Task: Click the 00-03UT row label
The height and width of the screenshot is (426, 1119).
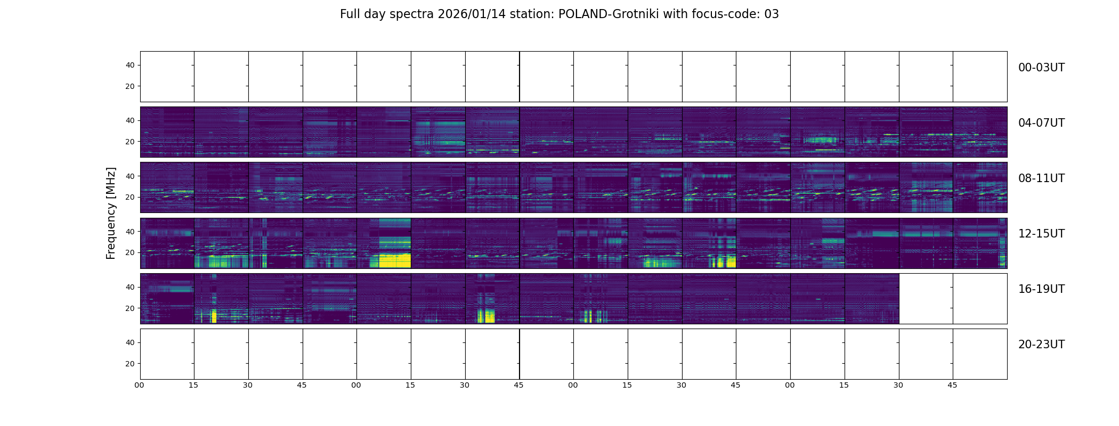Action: point(1041,68)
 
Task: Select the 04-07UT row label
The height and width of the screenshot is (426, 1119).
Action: point(1041,123)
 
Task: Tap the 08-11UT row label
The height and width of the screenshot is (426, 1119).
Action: point(1041,178)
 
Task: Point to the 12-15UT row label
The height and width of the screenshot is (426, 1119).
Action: point(1041,234)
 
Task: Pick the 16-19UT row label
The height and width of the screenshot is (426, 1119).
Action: point(1041,289)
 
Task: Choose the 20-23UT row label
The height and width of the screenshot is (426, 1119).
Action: point(1041,345)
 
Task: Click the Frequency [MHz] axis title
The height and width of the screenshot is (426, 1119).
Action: point(111,213)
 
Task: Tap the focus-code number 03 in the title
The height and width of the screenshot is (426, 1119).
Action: point(771,14)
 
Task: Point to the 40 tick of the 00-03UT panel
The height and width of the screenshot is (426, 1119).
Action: point(130,65)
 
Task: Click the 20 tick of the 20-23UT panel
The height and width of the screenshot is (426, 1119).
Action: point(130,364)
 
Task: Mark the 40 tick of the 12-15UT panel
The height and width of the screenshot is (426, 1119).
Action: point(130,232)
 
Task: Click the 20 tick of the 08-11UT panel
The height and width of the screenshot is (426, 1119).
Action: point(130,198)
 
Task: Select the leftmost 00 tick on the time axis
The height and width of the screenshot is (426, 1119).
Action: point(140,386)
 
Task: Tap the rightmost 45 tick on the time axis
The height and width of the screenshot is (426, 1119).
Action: point(952,386)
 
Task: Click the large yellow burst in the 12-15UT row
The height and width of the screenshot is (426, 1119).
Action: point(394,260)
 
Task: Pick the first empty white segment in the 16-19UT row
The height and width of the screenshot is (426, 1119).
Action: point(926,299)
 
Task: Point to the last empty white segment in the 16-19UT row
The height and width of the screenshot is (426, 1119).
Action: point(980,299)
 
